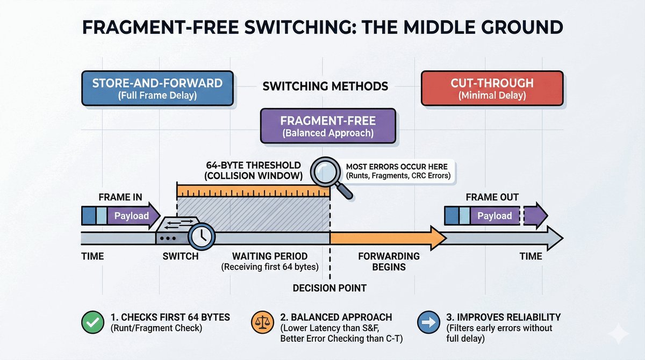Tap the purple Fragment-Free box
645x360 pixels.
[327, 126]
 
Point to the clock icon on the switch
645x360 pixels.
[202, 235]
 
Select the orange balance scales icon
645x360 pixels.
[262, 323]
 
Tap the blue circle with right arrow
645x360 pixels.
[428, 323]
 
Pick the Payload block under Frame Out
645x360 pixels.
[494, 215]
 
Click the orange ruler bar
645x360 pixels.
[253, 191]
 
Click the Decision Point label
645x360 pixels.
[329, 288]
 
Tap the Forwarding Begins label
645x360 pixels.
[382, 261]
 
